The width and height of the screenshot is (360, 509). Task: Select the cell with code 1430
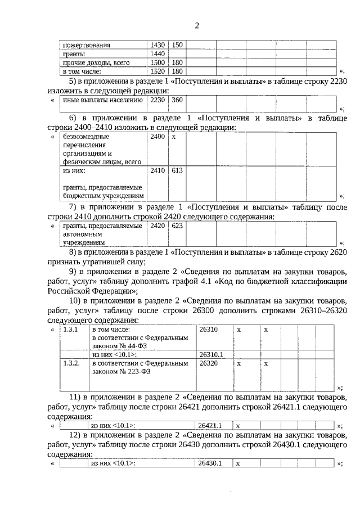157,44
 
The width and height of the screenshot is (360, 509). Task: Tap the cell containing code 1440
157,53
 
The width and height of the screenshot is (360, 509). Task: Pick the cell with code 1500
157,62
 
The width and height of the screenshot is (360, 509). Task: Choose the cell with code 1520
157,71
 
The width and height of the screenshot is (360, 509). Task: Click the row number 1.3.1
71,329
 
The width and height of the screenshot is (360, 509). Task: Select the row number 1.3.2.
72,364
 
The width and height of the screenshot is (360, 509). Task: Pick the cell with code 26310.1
211,355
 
